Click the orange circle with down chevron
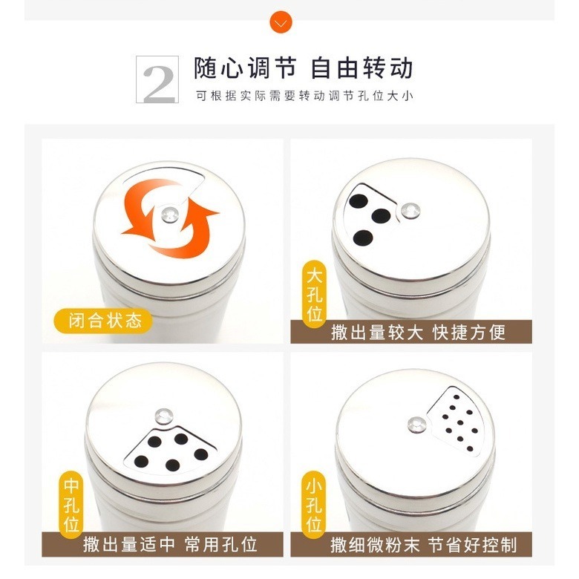(281, 22)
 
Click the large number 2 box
(158, 79)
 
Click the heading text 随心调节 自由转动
(303, 68)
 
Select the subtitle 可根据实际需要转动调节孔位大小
(304, 96)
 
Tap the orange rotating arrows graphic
(170, 218)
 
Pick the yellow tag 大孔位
(314, 295)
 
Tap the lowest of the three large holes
(363, 238)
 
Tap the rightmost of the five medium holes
(200, 454)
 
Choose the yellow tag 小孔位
(314, 507)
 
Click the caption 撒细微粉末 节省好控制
(423, 544)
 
